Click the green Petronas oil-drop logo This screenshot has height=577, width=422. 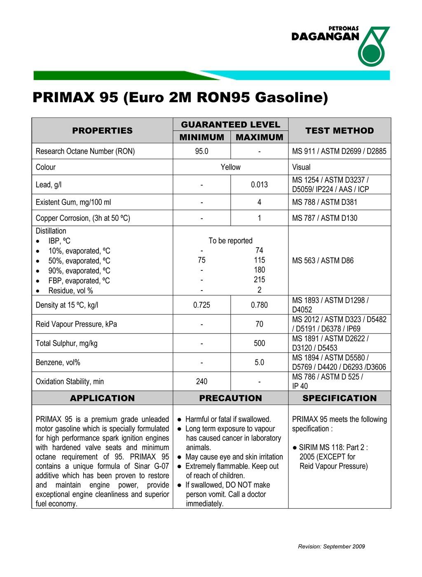click(373, 47)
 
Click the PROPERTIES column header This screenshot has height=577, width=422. click(102, 131)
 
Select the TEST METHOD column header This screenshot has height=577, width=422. click(340, 131)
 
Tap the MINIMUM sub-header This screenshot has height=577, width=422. click(202, 137)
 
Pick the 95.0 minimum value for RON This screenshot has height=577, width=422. click(202, 151)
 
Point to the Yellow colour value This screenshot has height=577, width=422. click(230, 167)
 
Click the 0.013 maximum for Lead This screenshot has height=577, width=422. click(259, 185)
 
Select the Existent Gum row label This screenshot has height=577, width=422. click(73, 202)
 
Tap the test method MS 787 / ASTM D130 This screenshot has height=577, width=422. click(324, 218)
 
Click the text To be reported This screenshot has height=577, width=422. click(230, 241)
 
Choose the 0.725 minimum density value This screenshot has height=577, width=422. click(202, 305)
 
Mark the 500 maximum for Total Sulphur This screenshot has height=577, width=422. click(259, 343)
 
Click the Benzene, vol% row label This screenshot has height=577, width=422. click(58, 363)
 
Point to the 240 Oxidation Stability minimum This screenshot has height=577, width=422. click(202, 382)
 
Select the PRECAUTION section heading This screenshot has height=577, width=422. click(230, 398)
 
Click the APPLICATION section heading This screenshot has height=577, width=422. click(102, 398)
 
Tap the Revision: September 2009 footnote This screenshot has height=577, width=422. click(331, 547)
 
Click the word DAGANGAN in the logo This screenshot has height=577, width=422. click(325, 37)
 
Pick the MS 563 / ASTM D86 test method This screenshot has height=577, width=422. click(323, 260)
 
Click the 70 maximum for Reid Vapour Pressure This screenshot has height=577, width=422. click(259, 324)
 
